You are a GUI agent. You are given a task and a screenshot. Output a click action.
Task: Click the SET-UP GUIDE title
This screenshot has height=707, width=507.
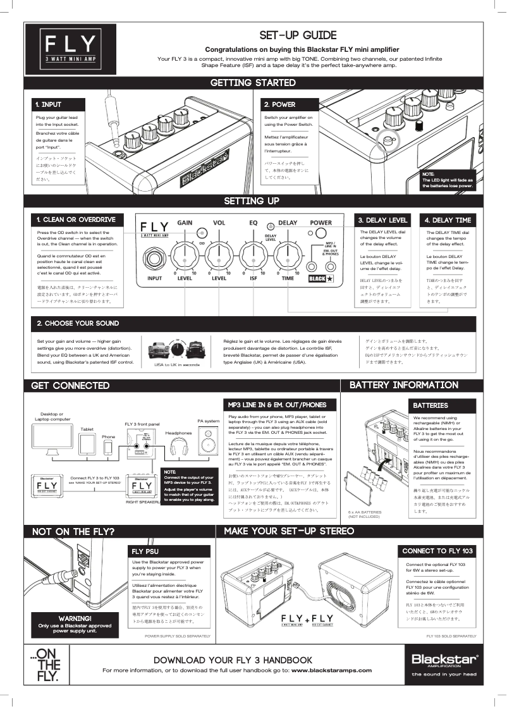click(298, 35)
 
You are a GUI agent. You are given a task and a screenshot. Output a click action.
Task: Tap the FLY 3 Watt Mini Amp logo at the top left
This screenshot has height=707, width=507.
click(71, 49)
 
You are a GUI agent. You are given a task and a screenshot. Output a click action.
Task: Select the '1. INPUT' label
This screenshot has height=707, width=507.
click(49, 104)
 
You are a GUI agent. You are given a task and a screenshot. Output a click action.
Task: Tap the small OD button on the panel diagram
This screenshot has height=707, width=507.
click(202, 232)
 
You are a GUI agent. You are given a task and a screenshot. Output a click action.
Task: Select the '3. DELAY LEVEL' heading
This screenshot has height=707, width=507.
click(382, 220)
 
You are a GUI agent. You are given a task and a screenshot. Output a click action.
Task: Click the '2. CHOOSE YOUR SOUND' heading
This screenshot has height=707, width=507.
click(78, 323)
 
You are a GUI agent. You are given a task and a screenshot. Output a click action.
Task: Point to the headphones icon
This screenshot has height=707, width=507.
click(178, 450)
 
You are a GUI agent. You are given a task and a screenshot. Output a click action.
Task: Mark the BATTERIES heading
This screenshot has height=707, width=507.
click(431, 405)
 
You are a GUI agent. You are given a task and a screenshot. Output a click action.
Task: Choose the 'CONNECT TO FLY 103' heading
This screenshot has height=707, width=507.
click(437, 551)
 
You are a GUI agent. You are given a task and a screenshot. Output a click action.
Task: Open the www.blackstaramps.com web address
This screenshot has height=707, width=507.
click(331, 670)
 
